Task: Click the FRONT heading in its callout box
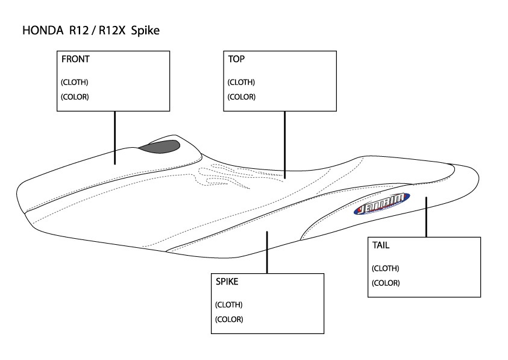click(x=75, y=60)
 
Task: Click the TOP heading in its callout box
click(x=236, y=60)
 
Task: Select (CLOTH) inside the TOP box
click(x=241, y=82)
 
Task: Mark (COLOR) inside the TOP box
click(x=241, y=96)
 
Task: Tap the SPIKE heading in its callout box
click(x=227, y=282)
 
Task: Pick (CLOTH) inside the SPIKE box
click(x=228, y=305)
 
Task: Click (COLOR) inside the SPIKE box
click(x=228, y=319)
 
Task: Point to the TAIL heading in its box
click(x=381, y=245)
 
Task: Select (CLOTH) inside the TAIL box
click(x=386, y=268)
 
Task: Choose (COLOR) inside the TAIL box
click(x=386, y=283)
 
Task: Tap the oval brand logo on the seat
click(x=381, y=203)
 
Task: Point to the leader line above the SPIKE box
click(x=267, y=251)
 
